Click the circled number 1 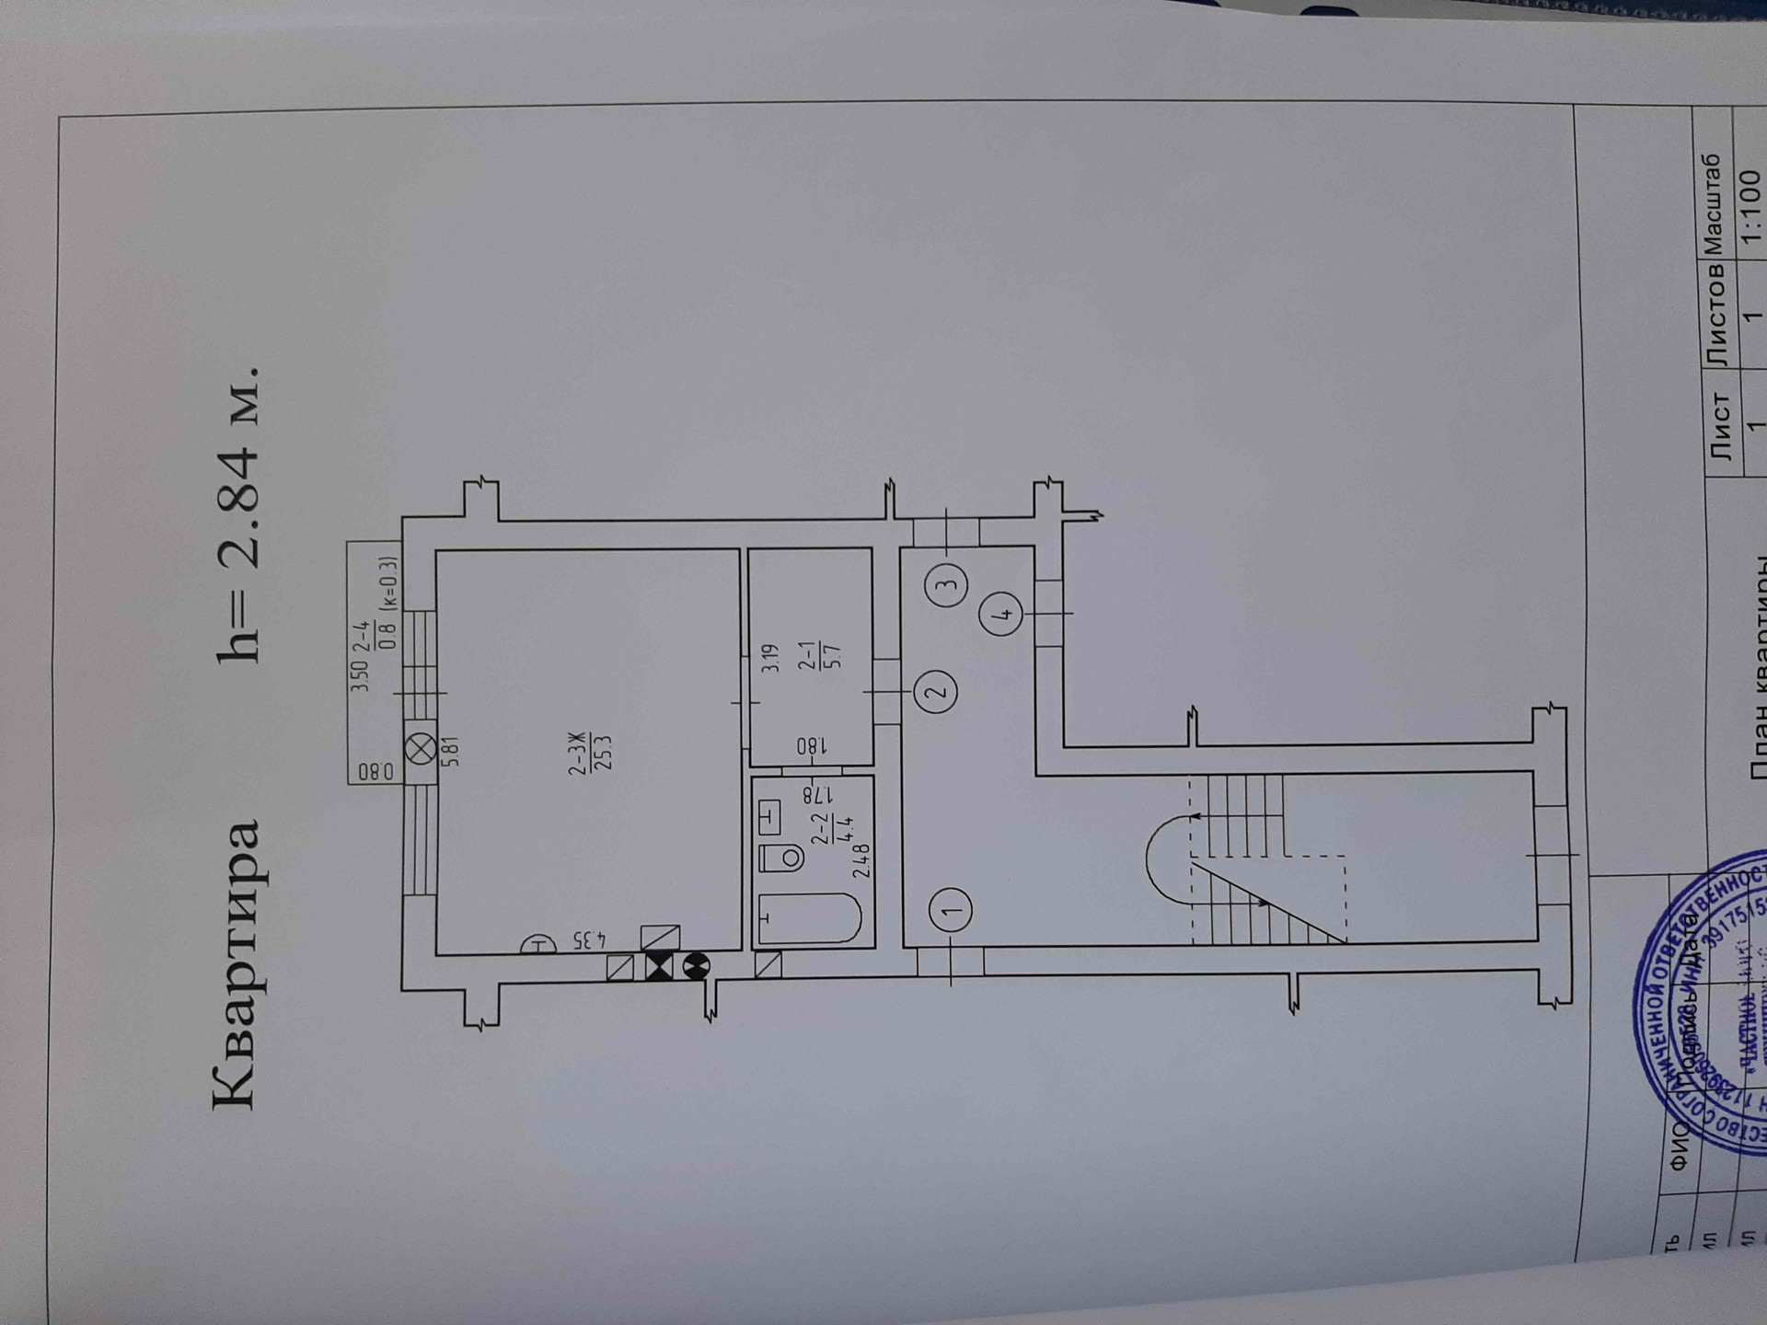tap(950, 909)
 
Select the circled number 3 tap(947, 583)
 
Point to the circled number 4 tap(1002, 614)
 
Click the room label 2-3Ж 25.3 tap(589, 754)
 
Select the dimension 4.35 tap(590, 939)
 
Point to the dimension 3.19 tap(770, 657)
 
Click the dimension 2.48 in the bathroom tap(860, 860)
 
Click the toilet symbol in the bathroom tap(781, 858)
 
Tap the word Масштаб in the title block tap(1710, 203)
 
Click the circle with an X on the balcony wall tap(422, 749)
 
